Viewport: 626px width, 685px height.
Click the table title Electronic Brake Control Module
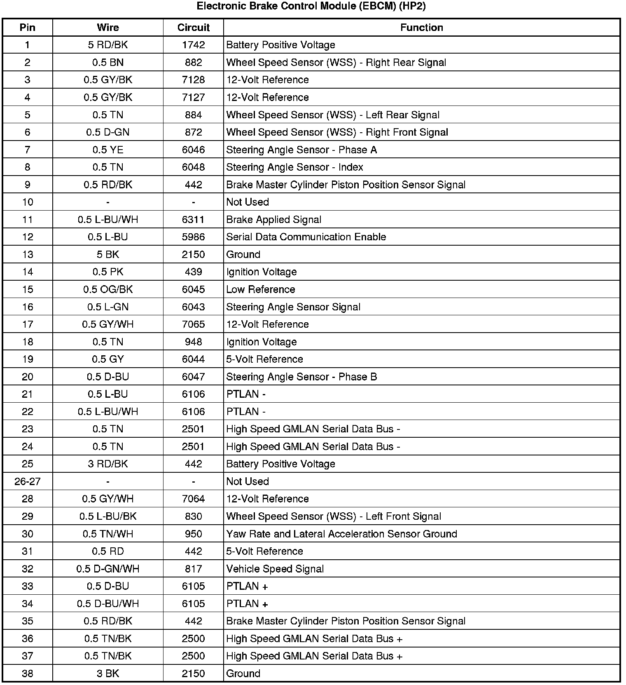pos(311,6)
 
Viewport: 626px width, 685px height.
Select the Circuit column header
pos(193,28)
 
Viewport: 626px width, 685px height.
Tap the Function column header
pos(421,28)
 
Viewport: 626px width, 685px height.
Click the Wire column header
pos(108,28)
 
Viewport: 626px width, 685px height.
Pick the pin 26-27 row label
pos(28,481)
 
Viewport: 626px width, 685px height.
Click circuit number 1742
pos(193,45)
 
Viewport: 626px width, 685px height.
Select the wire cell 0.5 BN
pos(108,63)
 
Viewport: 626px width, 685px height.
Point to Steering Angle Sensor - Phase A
pos(301,150)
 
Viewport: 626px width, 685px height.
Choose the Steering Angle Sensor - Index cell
pos(294,167)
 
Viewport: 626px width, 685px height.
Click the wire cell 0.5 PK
pos(108,272)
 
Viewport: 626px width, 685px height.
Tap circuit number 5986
pos(193,237)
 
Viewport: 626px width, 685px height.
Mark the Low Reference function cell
pos(260,289)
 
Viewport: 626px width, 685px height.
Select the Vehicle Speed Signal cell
pos(275,569)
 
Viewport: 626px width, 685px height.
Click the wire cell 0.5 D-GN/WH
pos(108,569)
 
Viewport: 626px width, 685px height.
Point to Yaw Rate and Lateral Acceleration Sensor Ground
pos(341,534)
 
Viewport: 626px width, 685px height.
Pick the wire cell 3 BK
pos(108,673)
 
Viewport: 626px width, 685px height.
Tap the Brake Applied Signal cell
pos(273,220)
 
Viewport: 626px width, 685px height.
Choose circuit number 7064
pos(193,499)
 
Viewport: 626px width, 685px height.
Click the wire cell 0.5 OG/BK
pos(108,289)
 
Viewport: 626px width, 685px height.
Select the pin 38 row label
pos(28,673)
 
